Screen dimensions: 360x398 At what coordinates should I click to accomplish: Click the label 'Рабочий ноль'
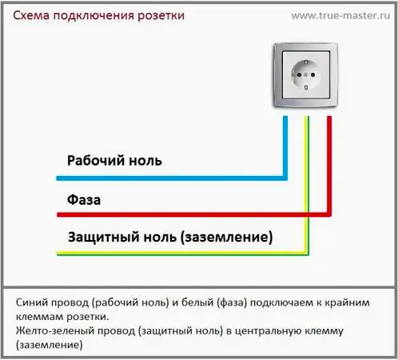point(114,160)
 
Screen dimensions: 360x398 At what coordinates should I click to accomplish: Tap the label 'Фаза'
point(83,198)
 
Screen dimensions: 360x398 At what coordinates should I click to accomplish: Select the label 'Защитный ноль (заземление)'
point(169,237)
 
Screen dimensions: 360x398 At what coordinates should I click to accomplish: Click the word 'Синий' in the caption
point(32,303)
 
